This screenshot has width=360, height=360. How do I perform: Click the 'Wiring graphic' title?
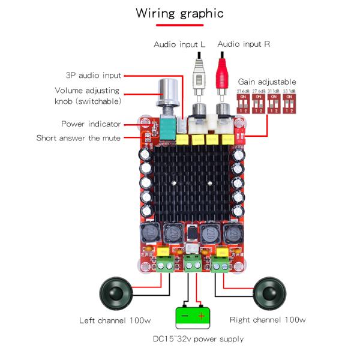(179, 13)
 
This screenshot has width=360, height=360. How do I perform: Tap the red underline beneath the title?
(179, 26)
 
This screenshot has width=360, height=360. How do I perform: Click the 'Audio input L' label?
(179, 44)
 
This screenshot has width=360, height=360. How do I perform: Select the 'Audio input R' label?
(244, 44)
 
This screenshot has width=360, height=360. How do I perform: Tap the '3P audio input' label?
(93, 76)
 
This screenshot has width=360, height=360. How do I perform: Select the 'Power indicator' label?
(91, 124)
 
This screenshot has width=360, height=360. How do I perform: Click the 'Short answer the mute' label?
(78, 138)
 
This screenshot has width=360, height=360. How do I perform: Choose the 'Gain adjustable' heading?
(267, 82)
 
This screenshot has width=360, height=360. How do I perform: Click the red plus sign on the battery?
(202, 316)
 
